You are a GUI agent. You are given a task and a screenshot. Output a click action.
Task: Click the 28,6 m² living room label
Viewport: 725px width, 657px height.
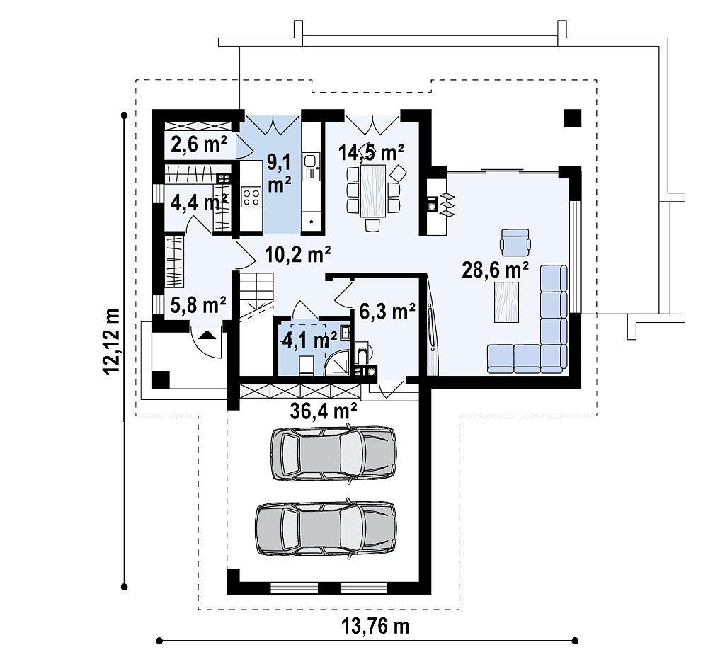pyautogui.click(x=495, y=270)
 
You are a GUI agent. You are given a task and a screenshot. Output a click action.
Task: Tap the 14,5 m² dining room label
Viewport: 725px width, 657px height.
pyautogui.click(x=371, y=152)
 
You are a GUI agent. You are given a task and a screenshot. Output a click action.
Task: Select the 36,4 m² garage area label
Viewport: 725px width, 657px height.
pyautogui.click(x=323, y=410)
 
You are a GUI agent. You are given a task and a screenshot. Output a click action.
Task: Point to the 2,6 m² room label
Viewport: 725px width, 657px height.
pyautogui.click(x=199, y=144)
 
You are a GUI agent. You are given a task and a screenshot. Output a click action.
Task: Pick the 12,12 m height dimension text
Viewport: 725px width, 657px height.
pyautogui.click(x=113, y=341)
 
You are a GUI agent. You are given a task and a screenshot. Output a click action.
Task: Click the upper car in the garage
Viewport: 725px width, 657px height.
pyautogui.click(x=333, y=454)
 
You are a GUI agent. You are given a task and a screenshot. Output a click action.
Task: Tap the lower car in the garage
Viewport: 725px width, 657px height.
pyautogui.click(x=326, y=528)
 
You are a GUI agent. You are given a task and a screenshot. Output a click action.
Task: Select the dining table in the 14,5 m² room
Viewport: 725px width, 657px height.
pyautogui.click(x=372, y=191)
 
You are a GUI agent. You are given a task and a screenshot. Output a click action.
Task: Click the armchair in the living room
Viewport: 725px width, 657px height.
pyautogui.click(x=515, y=242)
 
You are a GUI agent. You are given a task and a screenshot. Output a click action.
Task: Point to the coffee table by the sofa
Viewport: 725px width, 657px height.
pyautogui.click(x=507, y=302)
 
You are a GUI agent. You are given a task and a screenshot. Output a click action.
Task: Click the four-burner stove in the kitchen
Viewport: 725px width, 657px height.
pyautogui.click(x=251, y=197)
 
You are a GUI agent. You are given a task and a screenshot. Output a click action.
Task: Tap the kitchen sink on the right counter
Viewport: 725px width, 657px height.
pyautogui.click(x=310, y=166)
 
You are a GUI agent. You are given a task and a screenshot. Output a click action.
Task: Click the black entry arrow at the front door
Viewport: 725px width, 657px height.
pyautogui.click(x=207, y=334)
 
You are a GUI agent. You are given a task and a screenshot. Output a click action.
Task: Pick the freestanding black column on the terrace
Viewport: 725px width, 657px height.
pyautogui.click(x=572, y=118)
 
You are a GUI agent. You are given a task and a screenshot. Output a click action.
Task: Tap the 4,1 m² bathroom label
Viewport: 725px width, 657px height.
pyautogui.click(x=309, y=341)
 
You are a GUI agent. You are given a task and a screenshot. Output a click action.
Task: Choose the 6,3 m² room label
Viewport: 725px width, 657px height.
pyautogui.click(x=387, y=312)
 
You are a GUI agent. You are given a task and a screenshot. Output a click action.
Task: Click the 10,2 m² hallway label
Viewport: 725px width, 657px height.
pyautogui.click(x=298, y=254)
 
